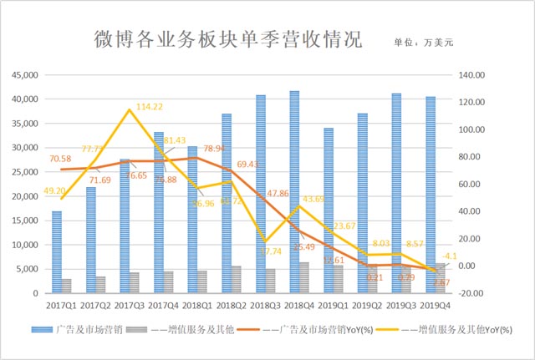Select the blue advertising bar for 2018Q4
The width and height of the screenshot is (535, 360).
[294, 192]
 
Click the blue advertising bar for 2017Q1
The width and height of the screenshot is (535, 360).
[57, 252]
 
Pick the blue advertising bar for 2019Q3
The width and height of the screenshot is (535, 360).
[396, 193]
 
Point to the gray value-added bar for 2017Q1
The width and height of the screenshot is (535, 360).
[66, 286]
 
